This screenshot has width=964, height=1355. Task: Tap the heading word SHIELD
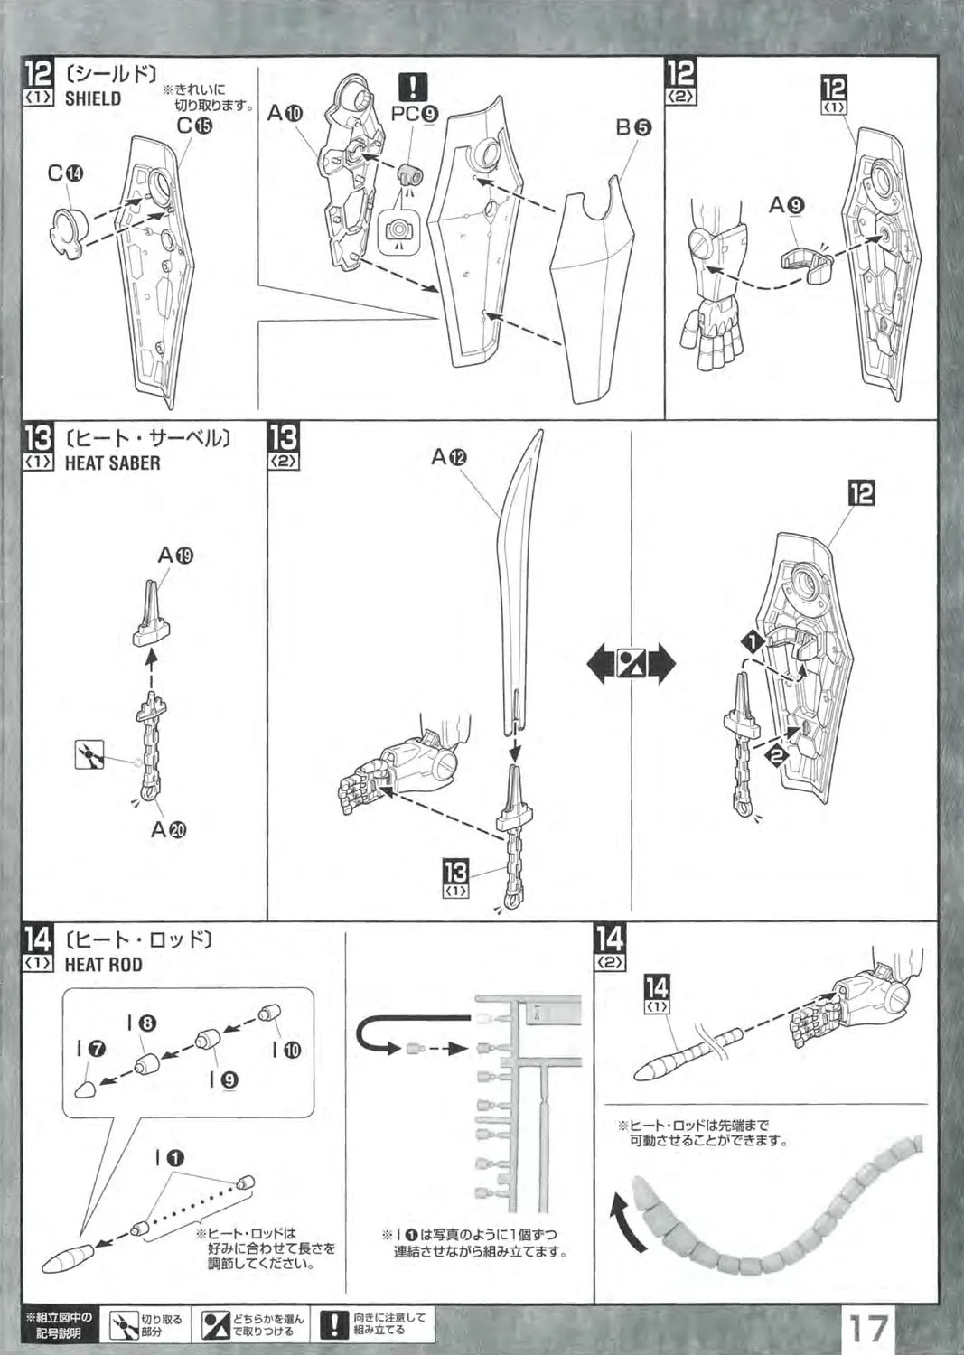tap(92, 98)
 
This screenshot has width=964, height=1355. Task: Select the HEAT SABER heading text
tap(112, 463)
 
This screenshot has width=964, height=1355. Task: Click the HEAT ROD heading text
tap(103, 964)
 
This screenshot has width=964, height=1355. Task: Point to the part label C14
tap(66, 174)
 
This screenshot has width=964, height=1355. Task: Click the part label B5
tap(632, 127)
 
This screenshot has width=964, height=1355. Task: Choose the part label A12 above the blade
tap(448, 457)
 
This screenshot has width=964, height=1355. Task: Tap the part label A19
tap(175, 555)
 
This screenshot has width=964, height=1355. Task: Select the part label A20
tap(168, 829)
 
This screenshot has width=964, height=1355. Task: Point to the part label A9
tap(786, 206)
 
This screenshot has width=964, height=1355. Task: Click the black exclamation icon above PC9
tap(412, 86)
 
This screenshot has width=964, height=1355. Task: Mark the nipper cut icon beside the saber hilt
tap(90, 753)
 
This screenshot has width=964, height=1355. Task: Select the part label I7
tap(91, 1050)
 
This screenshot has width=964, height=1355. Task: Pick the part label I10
tap(286, 1050)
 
